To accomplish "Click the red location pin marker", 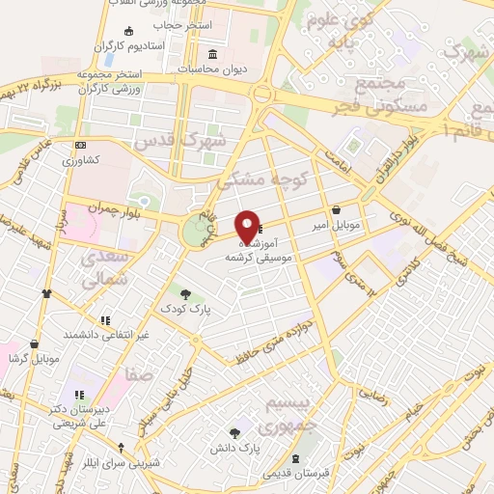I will point(247,226).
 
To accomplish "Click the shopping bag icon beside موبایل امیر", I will point(335,209).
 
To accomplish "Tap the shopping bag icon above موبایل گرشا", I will point(35,343).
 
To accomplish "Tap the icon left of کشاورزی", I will point(80,146).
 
